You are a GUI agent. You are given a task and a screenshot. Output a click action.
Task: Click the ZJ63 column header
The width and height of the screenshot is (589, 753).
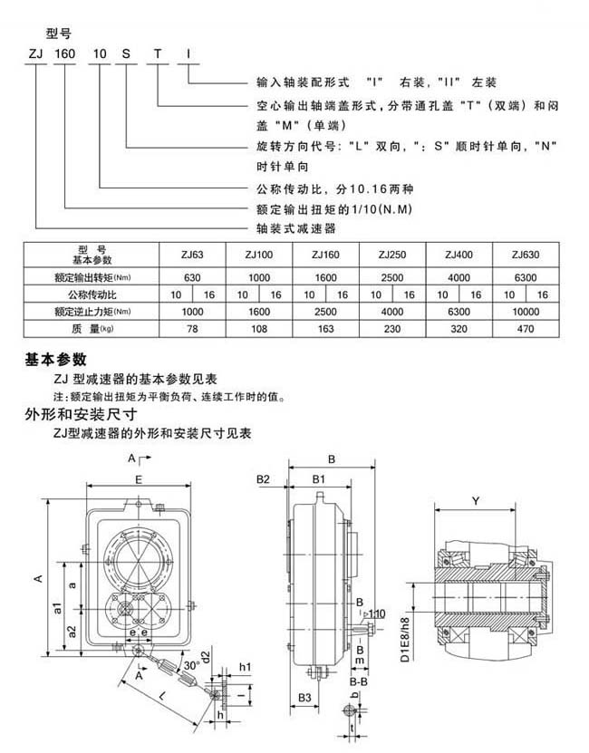[192, 256]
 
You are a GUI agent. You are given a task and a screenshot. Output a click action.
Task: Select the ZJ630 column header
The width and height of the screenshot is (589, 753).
[525, 256]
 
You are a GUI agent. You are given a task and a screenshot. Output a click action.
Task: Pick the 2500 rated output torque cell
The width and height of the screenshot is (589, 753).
[392, 275]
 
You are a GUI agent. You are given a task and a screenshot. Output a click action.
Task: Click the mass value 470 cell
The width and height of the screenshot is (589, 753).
[525, 328]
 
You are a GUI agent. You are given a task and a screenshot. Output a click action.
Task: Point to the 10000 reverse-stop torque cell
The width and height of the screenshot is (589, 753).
[525, 311]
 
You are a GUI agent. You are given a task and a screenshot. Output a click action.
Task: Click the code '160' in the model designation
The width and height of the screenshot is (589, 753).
[65, 54]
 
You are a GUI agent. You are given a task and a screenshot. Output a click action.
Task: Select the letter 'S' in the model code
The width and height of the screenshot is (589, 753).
[128, 54]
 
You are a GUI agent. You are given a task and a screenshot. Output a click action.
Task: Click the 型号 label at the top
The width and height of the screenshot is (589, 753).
[58, 34]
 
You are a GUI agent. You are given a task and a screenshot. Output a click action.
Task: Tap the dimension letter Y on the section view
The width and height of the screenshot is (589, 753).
[475, 500]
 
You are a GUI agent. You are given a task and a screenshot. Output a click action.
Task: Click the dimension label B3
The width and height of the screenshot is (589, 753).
[305, 696]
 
